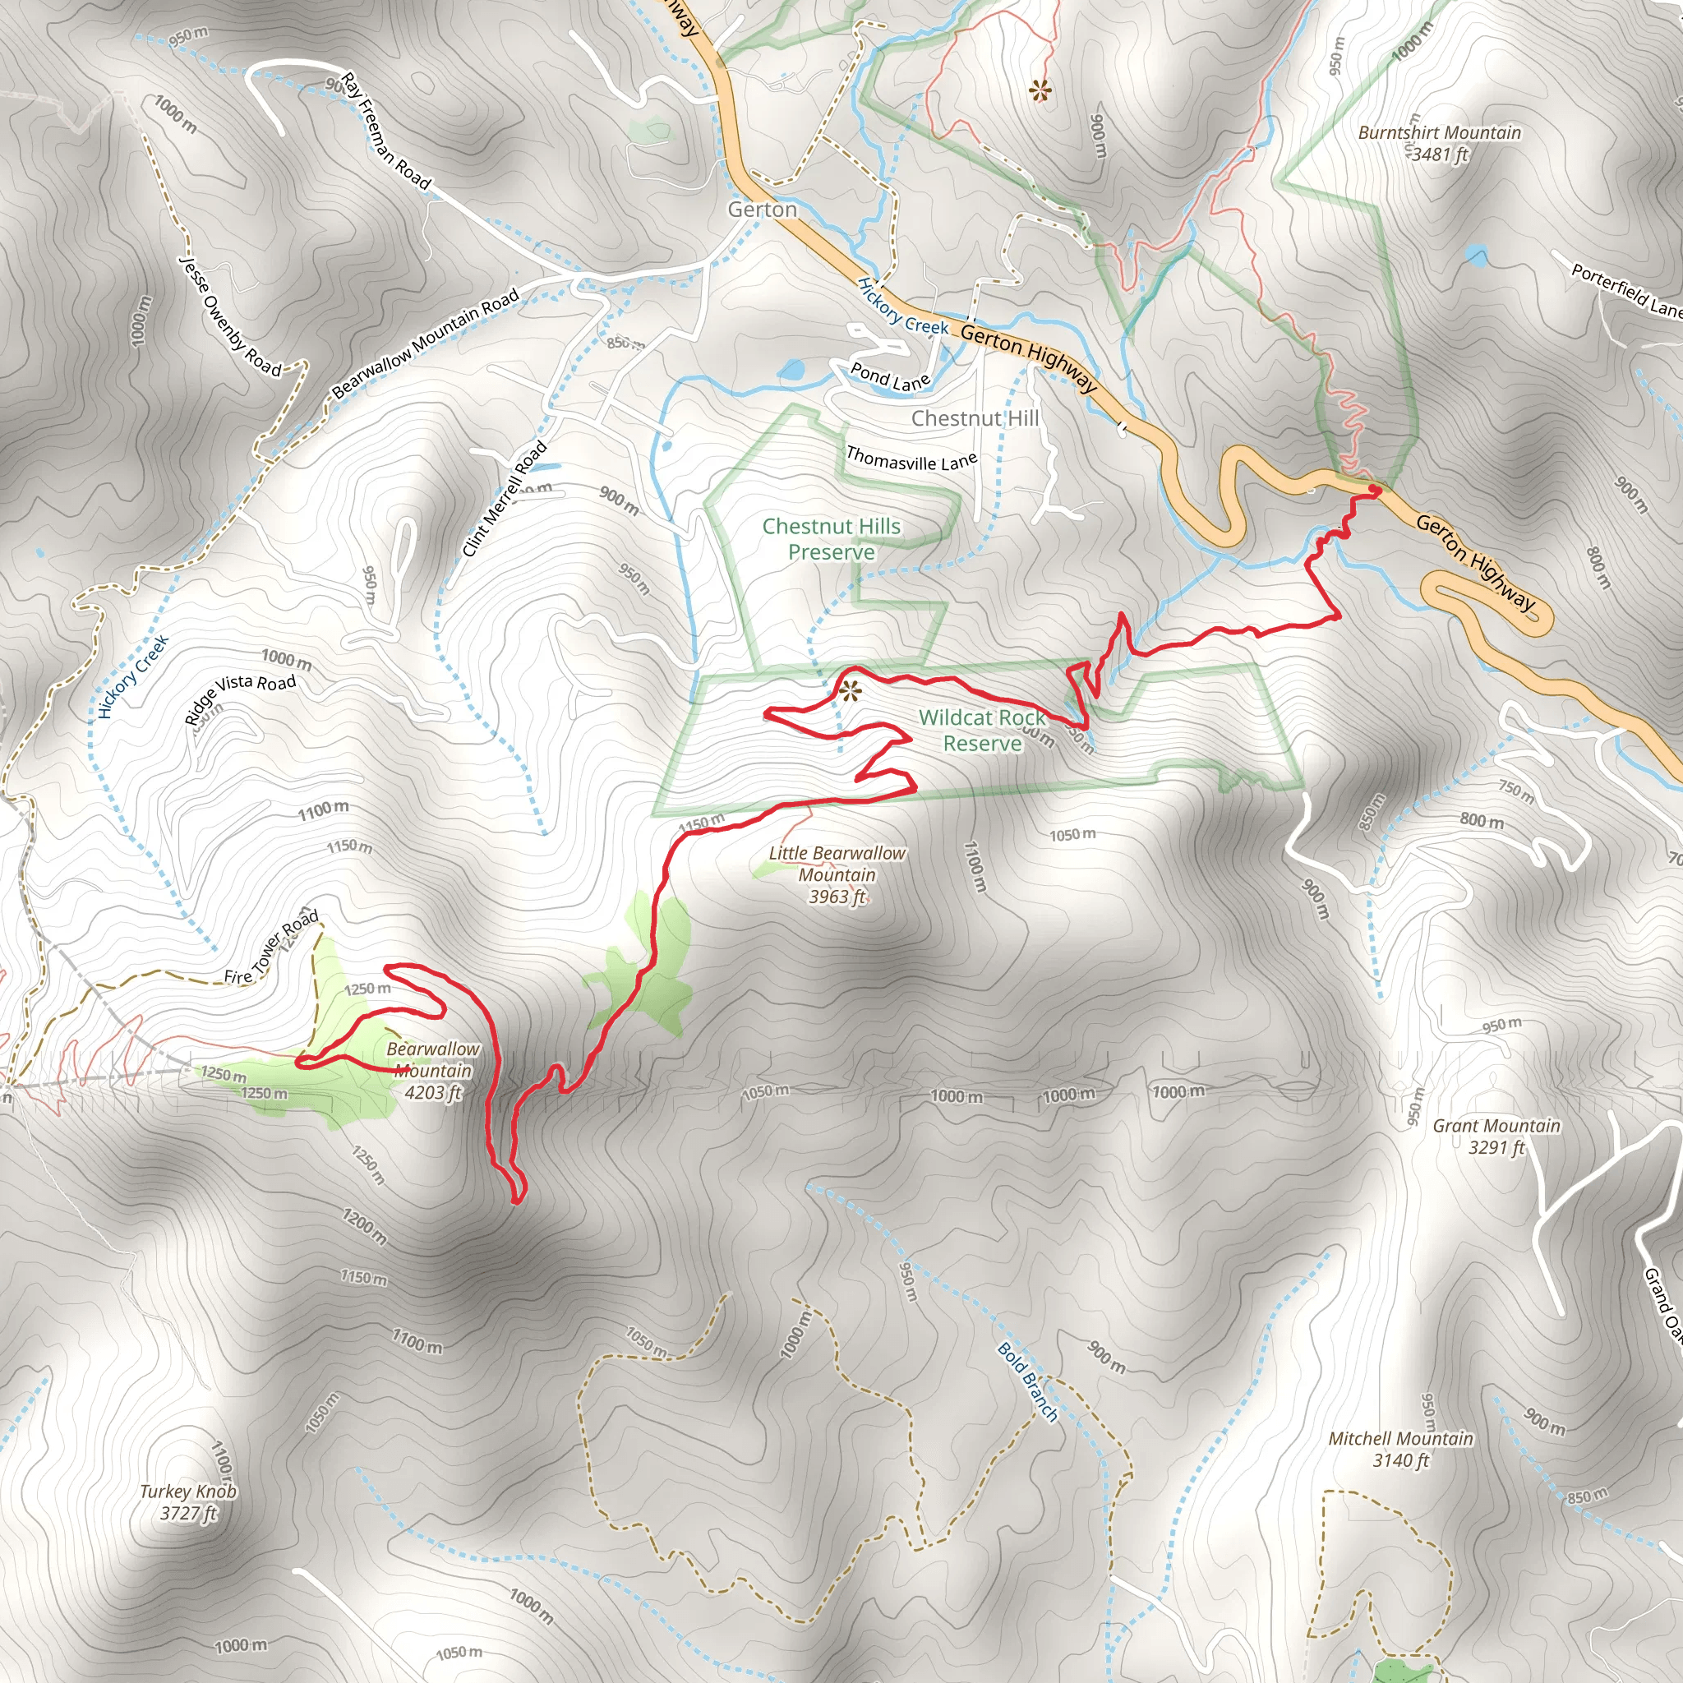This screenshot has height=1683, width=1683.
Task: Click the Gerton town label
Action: (763, 210)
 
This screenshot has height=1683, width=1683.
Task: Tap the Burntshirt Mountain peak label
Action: (1439, 144)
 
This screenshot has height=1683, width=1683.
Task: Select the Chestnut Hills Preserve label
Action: (831, 539)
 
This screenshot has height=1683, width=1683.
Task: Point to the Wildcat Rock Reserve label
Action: (982, 730)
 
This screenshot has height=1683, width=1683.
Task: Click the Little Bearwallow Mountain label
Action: (837, 874)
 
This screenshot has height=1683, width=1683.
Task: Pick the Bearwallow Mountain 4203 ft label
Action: (433, 1071)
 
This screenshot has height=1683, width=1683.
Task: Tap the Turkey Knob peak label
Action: (188, 1503)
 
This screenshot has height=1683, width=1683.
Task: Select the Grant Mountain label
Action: (1496, 1137)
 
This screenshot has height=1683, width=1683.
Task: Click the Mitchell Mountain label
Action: (1401, 1450)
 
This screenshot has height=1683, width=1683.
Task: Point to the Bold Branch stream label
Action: (1028, 1381)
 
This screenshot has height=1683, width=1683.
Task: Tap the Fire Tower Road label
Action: (272, 948)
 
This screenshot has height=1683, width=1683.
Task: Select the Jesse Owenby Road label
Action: (230, 316)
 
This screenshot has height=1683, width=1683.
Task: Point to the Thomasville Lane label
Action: (911, 459)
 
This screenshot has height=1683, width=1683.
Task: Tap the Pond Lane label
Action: (890, 377)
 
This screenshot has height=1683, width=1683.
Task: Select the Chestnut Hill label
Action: (975, 419)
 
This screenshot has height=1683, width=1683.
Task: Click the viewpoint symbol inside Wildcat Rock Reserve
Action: (851, 693)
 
